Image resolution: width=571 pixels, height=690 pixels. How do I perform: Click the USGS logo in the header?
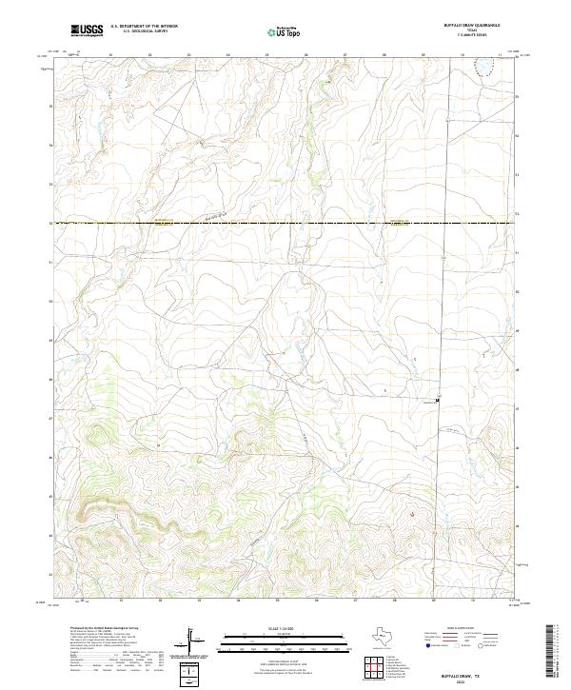tap(87, 31)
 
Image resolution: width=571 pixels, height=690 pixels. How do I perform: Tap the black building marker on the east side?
tap(437, 400)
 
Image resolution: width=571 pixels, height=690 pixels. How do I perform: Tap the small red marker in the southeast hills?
tap(412, 515)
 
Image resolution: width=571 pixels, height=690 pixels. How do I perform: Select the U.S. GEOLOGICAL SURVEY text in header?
tap(144, 32)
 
